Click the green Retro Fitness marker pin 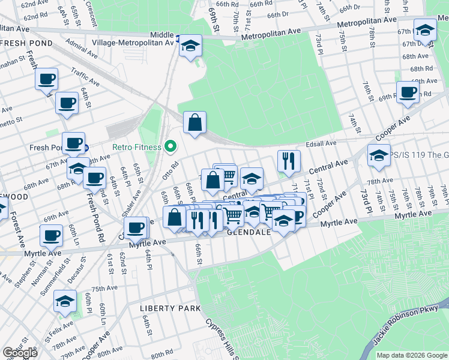[x=170, y=146]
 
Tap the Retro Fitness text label [x=136, y=147]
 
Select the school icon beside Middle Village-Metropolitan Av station [x=190, y=46]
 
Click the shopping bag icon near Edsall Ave [x=194, y=123]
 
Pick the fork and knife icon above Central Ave [x=289, y=161]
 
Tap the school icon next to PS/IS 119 [x=379, y=156]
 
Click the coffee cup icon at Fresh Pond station [x=73, y=144]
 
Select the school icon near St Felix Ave [x=65, y=302]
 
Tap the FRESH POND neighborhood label [x=26, y=44]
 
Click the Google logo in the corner [x=20, y=353]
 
